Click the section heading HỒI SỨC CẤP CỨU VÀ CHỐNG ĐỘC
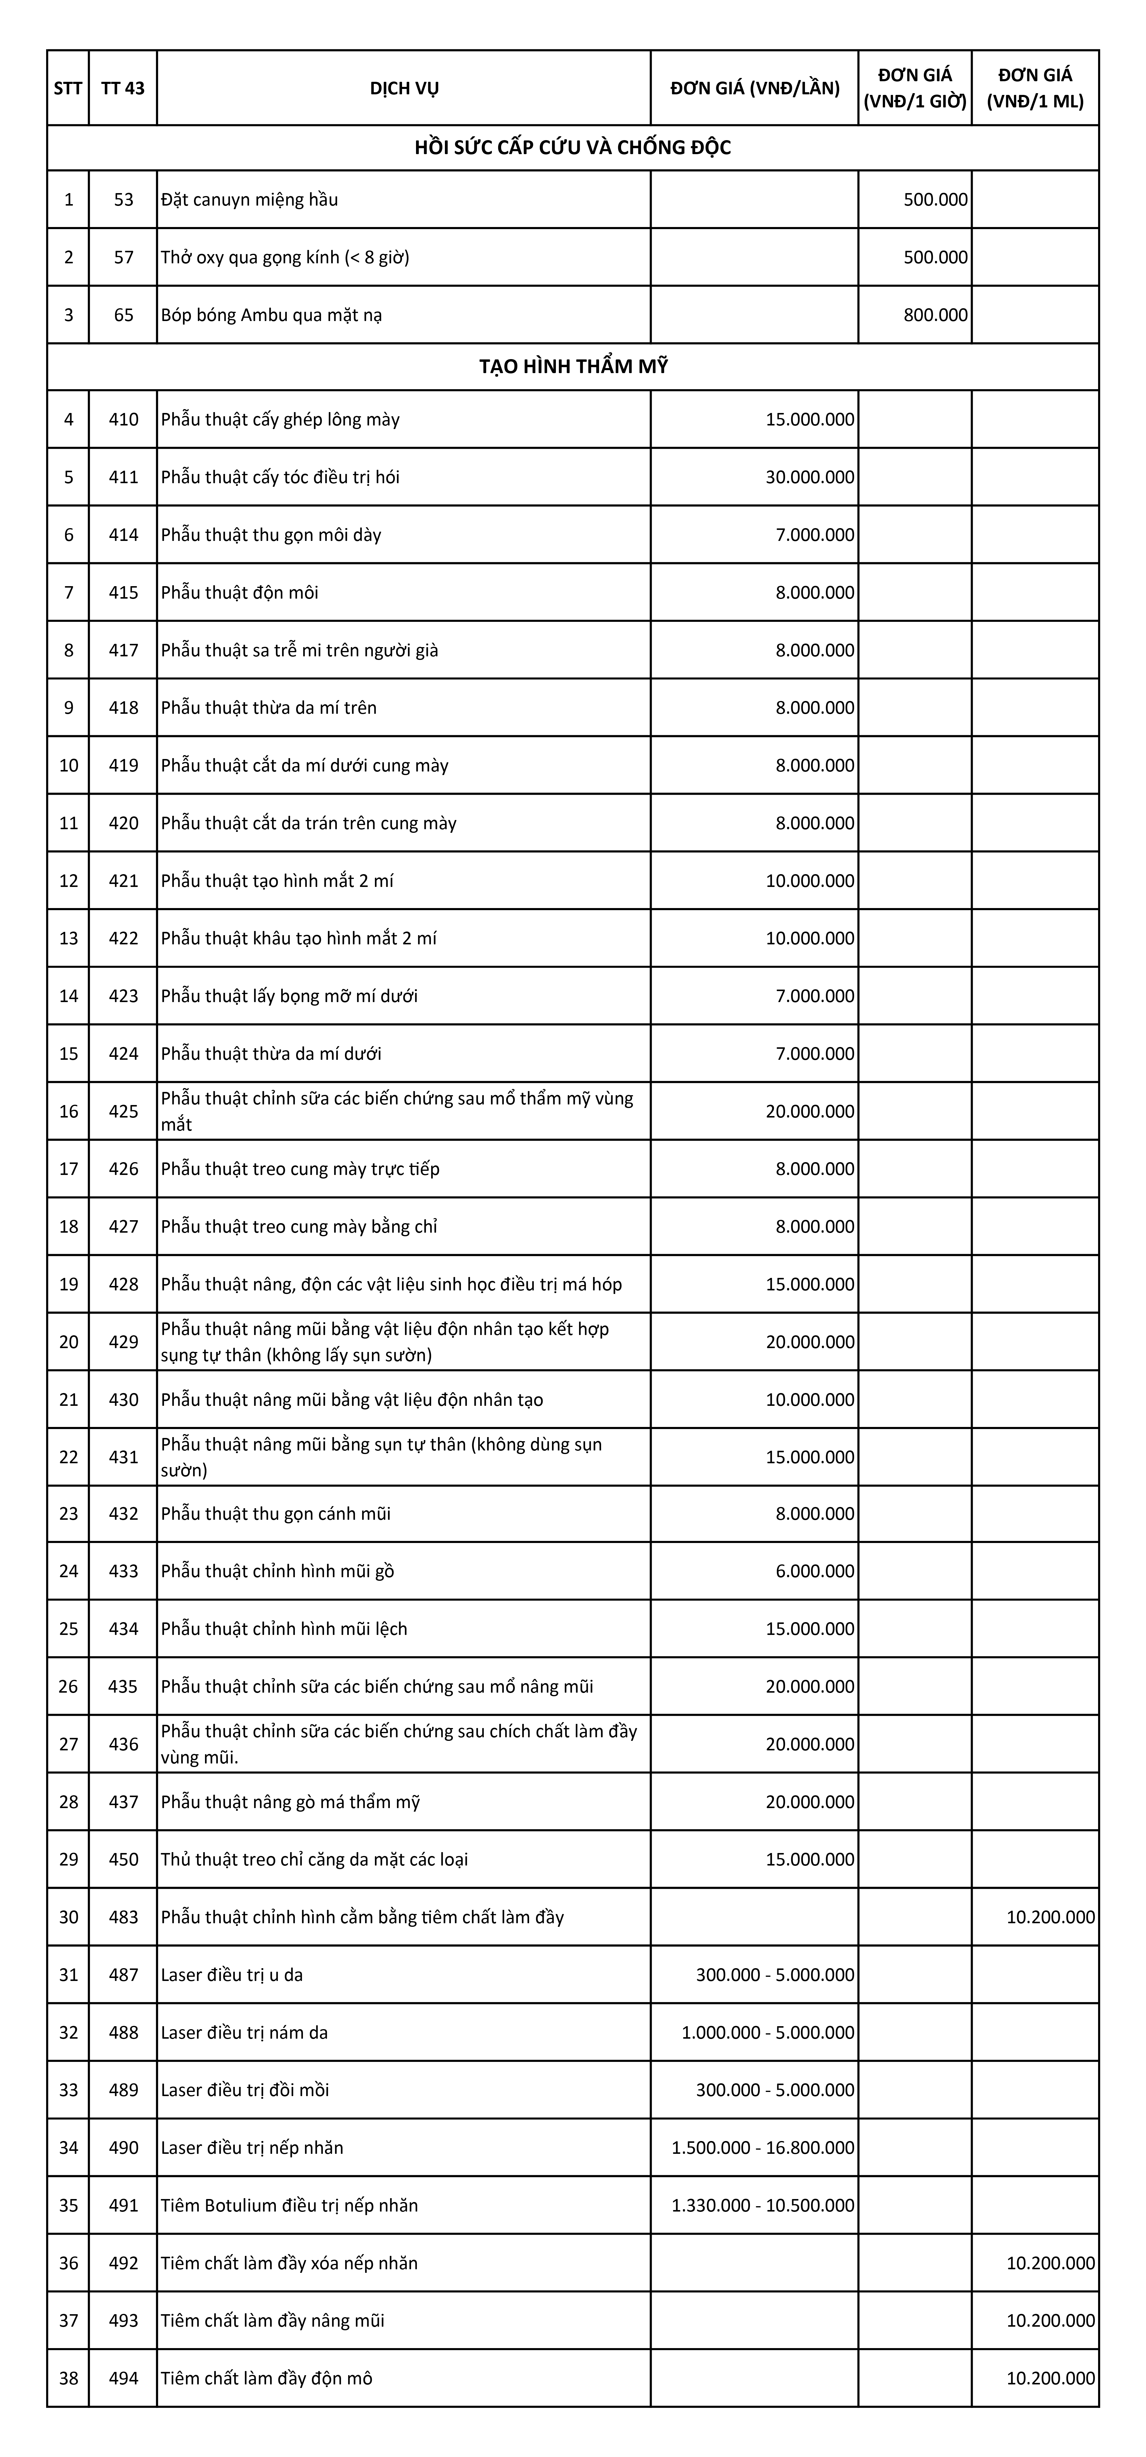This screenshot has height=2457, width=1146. (573, 148)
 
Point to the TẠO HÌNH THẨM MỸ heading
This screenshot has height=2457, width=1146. (573, 366)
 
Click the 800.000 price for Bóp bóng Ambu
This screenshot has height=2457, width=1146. (935, 315)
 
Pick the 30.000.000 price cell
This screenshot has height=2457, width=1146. (809, 477)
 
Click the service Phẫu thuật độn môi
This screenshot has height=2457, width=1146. (240, 592)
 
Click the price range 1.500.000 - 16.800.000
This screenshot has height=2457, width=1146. (762, 2147)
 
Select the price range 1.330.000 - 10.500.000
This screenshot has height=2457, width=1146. (762, 2205)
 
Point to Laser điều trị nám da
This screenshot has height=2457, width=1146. (244, 2032)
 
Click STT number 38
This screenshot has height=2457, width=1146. (69, 2378)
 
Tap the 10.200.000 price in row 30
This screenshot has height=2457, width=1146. (1050, 1916)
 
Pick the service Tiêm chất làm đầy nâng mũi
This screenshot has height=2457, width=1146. (273, 2320)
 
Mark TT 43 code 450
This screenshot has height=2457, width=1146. (123, 1859)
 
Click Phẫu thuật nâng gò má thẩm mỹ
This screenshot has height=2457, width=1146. (290, 1802)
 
